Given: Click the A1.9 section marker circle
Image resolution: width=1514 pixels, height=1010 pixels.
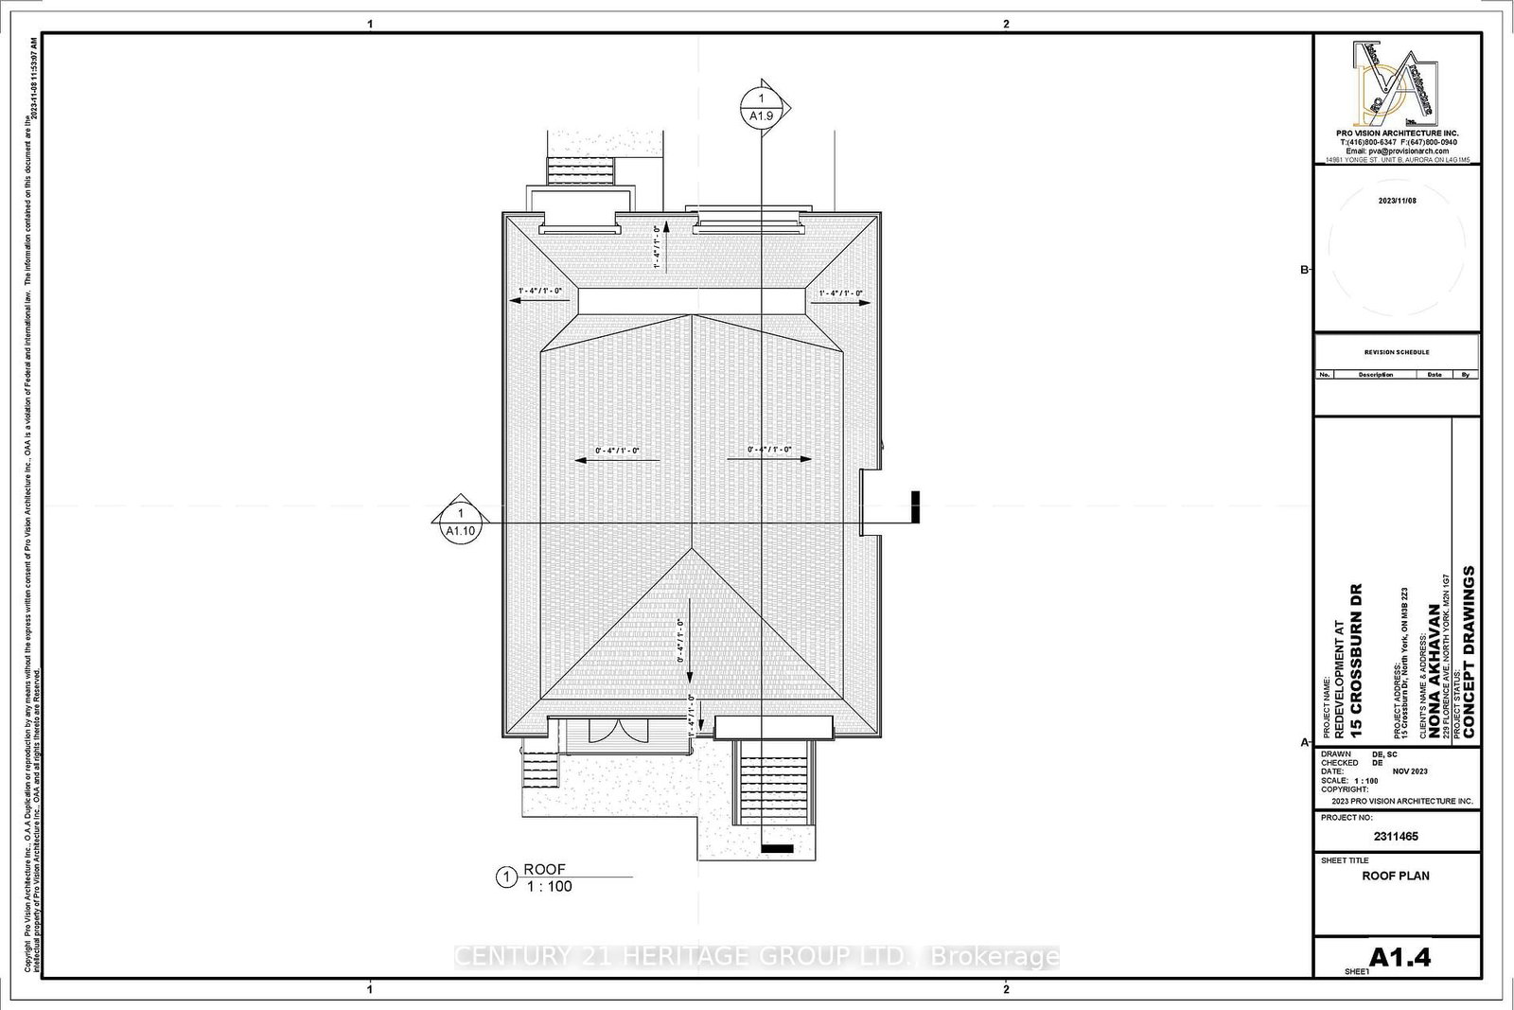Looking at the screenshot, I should pos(762,107).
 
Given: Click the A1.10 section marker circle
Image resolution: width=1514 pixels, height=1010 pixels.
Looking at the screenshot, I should pos(461,522).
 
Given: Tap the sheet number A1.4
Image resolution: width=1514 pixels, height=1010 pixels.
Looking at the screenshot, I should pos(1400,957).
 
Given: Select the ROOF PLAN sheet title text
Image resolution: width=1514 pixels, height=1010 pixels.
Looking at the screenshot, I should pos(1396,876).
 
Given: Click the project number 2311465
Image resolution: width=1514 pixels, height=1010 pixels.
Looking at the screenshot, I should pos(1396,837).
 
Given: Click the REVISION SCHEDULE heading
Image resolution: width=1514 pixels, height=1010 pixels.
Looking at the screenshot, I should pos(1397,352).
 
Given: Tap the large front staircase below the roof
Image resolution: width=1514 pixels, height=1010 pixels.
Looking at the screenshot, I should pos(775,783).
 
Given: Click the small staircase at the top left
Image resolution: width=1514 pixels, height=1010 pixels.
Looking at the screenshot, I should pos(581,172).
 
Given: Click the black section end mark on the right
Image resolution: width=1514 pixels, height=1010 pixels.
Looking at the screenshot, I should pos(916,506).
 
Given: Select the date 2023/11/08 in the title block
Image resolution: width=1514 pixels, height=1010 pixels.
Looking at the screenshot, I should pos(1398,201).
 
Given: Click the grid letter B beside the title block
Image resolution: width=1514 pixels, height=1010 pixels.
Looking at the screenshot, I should pos(1304,270).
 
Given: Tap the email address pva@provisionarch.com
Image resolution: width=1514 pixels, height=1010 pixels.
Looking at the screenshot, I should pos(1397,151).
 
